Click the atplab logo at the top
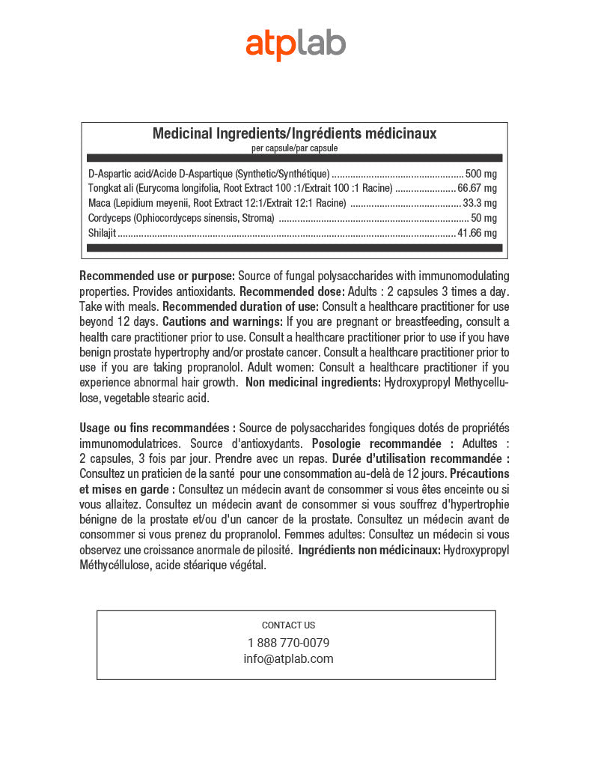click(296, 44)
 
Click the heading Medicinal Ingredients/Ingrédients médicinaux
click(294, 134)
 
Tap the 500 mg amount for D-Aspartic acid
click(480, 173)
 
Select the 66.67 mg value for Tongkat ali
click(477, 188)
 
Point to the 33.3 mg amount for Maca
click(480, 203)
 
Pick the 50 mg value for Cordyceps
click(483, 218)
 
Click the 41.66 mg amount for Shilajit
click(477, 233)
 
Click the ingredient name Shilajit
click(102, 233)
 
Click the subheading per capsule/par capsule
click(294, 148)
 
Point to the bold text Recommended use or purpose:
click(157, 276)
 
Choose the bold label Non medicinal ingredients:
click(313, 383)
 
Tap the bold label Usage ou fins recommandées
click(157, 428)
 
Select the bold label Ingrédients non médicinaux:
click(369, 551)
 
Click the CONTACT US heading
click(288, 625)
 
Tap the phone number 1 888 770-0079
click(288, 643)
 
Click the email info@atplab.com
click(288, 659)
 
